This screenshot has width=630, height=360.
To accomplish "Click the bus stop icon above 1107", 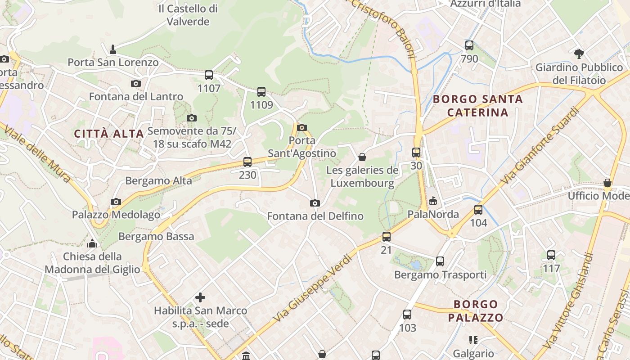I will pos(209,75).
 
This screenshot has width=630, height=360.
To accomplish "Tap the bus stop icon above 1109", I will pos(261,92).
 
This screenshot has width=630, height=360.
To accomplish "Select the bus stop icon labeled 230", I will pos(247,162).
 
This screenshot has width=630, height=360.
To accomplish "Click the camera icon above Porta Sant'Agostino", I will pos(302,127).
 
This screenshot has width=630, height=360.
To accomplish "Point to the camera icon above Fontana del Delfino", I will pos(315,203).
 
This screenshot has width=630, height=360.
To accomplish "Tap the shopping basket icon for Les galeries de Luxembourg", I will pos(362,157).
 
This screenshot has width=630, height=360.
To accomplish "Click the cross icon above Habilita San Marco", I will pos(200,297).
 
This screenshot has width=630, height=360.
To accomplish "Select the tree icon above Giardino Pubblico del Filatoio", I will pos(579,54).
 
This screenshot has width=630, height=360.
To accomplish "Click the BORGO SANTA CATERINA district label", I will pos(478,105).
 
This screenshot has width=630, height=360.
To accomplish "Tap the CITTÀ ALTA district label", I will pos(109,134).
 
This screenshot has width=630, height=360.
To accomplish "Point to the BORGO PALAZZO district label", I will pos(476,310).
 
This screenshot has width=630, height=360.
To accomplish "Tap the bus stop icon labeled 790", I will pos(469,45).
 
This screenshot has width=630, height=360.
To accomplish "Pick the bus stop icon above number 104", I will pos(478,210).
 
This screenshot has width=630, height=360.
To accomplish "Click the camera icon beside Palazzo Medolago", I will pos(116,202).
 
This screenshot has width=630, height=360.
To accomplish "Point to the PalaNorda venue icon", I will pos(433,201).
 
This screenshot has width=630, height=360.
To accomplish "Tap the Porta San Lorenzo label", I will pos(113,62).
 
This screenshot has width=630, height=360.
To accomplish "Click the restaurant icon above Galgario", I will pos(473,340).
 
